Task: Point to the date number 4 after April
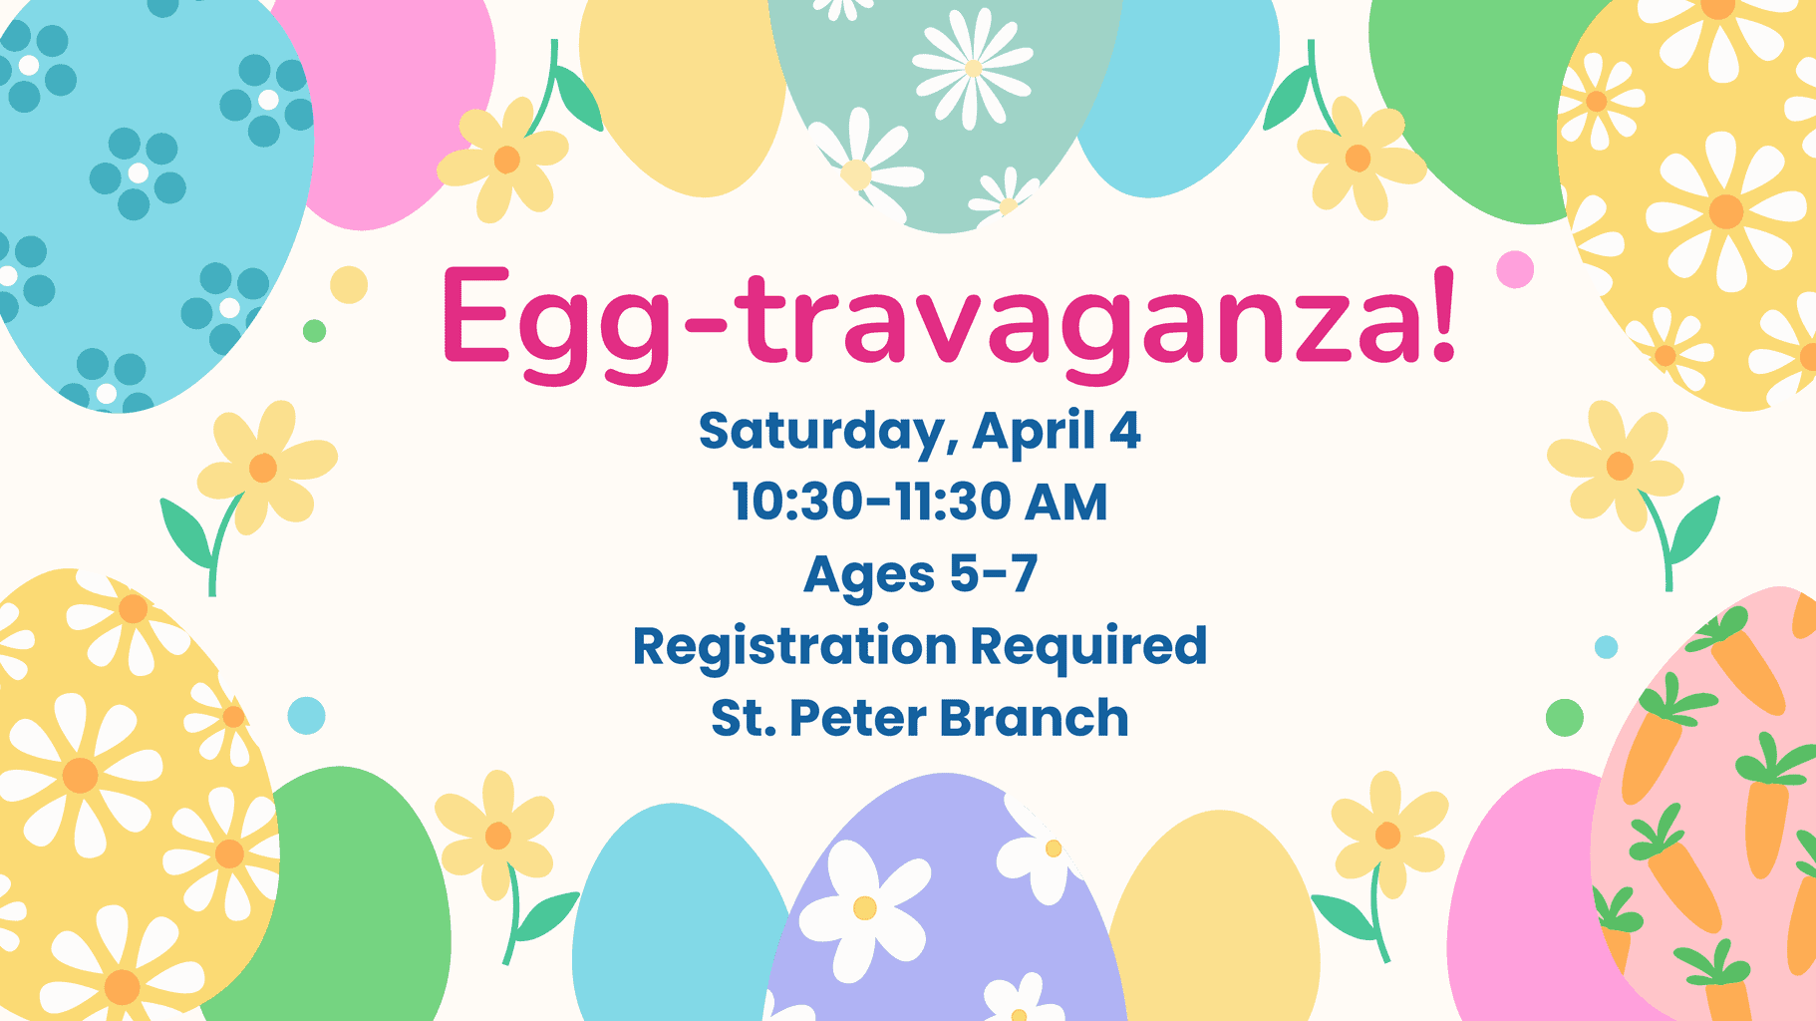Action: coord(1125,431)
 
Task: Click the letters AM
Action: coord(1065,502)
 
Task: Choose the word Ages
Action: coord(869,576)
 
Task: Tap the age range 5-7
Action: coord(994,573)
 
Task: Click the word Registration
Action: coord(796,648)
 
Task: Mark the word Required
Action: coord(1088,648)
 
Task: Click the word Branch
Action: coord(1034,717)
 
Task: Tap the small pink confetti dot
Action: coord(1515,269)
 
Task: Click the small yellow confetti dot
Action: coord(349,285)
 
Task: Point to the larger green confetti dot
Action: coord(1565,718)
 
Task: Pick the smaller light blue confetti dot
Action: coord(1606,647)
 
